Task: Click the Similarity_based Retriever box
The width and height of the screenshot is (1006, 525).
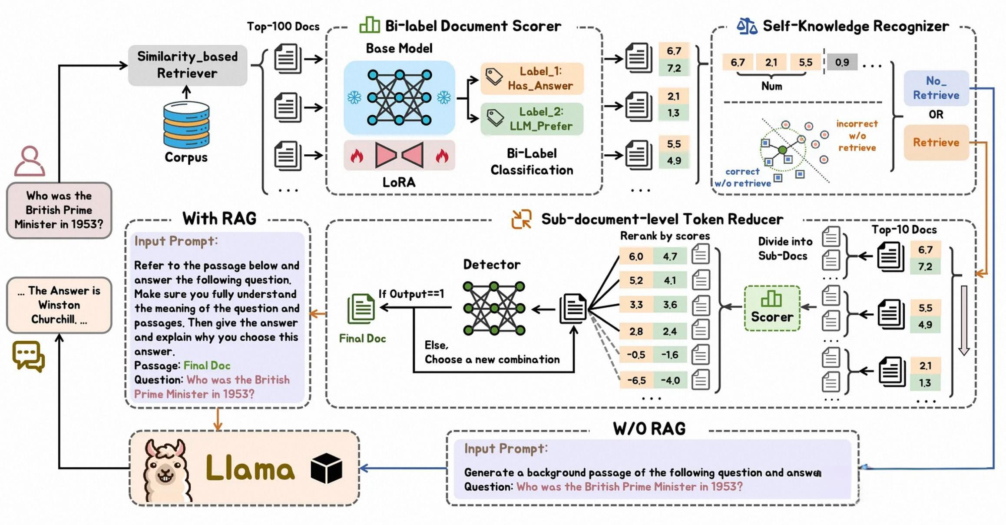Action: coord(187,65)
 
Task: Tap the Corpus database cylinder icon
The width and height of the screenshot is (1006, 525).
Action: coord(186,125)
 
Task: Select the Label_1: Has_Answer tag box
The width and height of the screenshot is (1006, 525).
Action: coord(532,79)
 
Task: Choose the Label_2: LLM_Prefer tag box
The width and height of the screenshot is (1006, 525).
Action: coord(532,119)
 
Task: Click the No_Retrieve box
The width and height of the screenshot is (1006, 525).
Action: coord(936,88)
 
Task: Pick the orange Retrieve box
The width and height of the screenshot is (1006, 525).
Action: coord(936,143)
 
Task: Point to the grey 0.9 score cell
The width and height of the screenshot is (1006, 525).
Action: coord(841,62)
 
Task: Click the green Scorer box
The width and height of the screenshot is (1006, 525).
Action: coord(772,309)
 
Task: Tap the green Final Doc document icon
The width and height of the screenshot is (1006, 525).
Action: coord(361,309)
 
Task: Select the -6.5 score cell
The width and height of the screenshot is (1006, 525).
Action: coord(636,381)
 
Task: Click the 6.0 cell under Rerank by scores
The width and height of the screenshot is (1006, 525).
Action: coord(636,256)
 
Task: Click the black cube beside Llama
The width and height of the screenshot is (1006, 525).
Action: coord(326,469)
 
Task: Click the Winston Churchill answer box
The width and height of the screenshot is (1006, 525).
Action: coord(59,305)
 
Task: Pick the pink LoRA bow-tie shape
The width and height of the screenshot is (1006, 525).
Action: coord(399,155)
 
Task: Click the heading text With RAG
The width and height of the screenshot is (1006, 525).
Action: coord(219,219)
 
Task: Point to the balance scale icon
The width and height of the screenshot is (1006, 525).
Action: coord(747,26)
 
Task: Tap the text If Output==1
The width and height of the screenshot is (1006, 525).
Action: coord(411,294)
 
